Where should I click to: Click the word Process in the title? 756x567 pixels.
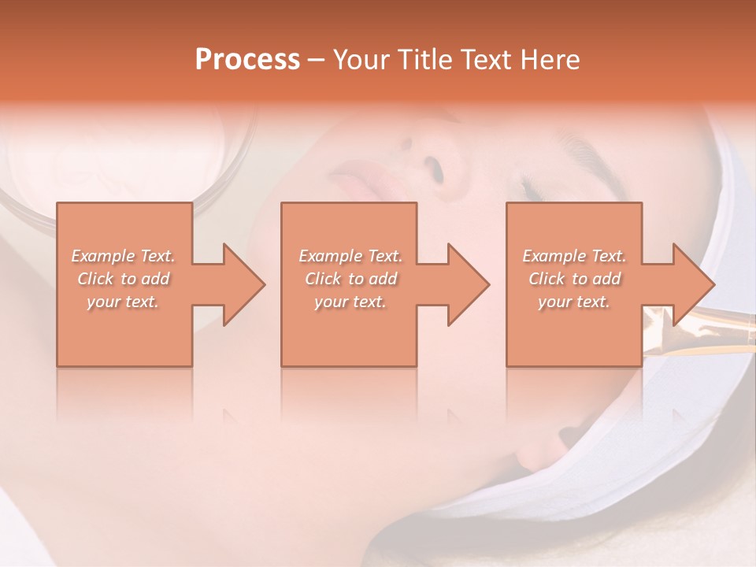247,60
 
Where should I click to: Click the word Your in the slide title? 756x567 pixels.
361,60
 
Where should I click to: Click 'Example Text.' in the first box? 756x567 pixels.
124,256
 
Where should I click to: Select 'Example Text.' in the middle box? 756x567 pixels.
350,256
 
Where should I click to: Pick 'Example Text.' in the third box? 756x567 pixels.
574,256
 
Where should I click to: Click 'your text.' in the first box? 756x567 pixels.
124,302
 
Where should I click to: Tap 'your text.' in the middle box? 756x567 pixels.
350,302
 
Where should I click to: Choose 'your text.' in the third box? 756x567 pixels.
574,302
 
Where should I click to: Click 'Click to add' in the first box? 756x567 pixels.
124,279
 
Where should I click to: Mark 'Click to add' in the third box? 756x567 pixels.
574,279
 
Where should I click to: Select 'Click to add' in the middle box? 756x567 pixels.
350,279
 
